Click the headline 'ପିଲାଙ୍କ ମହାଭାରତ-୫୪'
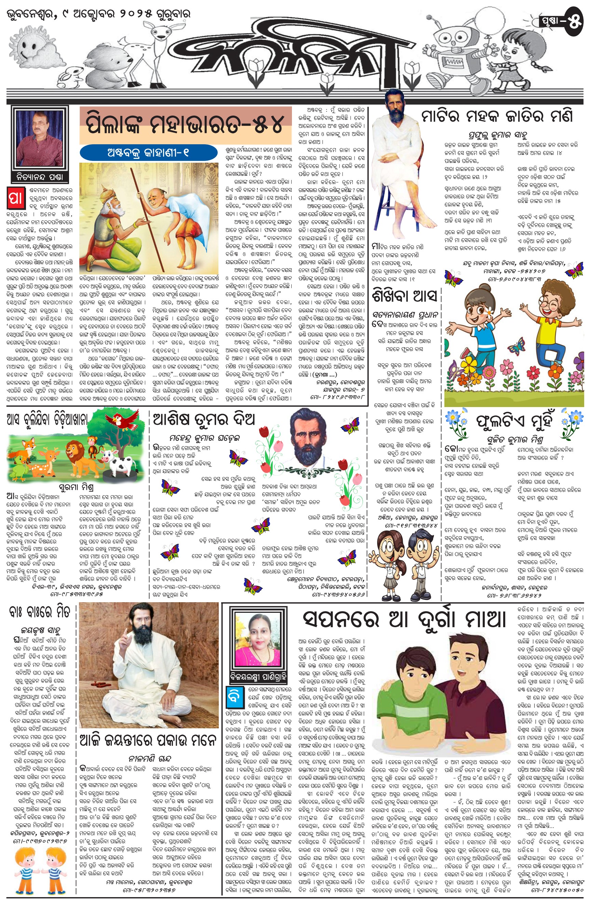coord(185,124)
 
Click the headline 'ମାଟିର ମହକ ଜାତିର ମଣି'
coord(496,116)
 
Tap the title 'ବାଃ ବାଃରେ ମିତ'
coord(40,612)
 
